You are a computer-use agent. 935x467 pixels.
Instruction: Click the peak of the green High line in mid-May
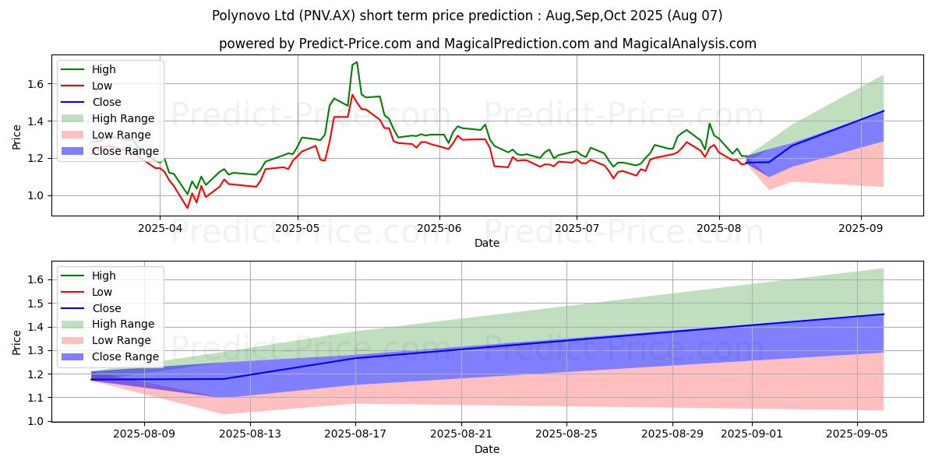[356, 62]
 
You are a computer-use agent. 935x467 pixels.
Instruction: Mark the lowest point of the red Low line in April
[187, 208]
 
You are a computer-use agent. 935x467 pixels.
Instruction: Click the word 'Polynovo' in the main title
[235, 16]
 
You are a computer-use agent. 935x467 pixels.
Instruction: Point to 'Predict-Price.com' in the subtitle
[351, 44]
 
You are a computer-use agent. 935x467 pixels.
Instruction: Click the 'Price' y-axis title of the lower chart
[17, 342]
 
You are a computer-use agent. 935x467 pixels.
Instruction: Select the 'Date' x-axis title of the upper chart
[487, 243]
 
